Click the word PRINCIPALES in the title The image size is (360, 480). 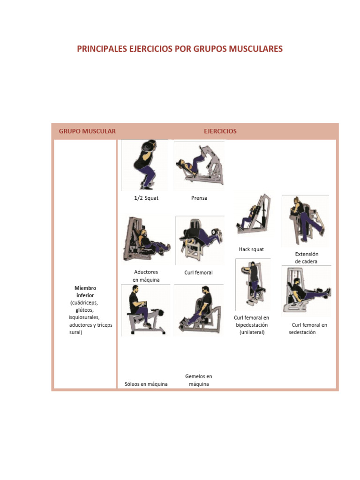[102, 49]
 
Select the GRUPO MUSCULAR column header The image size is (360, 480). [87, 131]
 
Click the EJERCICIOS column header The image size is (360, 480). [220, 131]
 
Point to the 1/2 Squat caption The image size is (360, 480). [146, 198]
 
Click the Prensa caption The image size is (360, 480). [199, 198]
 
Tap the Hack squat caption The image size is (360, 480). [251, 249]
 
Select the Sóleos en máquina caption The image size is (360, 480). [146, 384]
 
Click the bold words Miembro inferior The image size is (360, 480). [85, 292]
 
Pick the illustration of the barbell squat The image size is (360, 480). [144, 165]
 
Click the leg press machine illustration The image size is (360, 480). [199, 165]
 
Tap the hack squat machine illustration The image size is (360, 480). [254, 214]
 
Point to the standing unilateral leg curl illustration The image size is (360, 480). [253, 285]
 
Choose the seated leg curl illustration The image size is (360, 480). [307, 291]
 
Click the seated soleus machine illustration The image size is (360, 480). [146, 310]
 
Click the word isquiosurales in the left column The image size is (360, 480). [84, 317]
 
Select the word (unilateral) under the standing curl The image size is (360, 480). [252, 332]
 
